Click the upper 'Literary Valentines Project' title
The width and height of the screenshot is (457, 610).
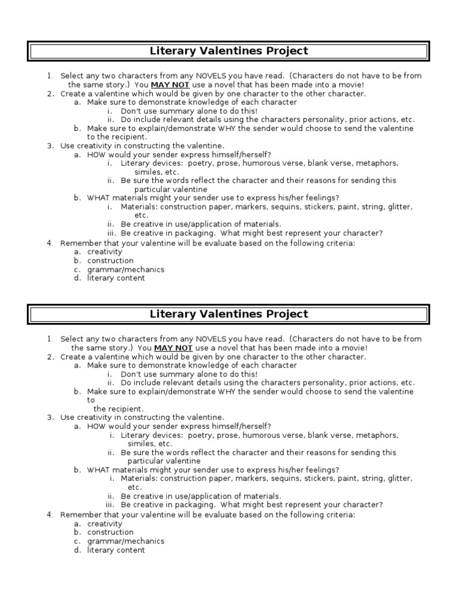(x=228, y=51)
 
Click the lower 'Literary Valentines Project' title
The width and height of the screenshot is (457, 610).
(x=228, y=314)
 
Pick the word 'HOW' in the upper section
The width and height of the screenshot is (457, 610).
(x=96, y=154)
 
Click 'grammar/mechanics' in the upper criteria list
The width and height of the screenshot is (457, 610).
(x=126, y=269)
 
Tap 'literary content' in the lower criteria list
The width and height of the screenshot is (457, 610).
(x=116, y=550)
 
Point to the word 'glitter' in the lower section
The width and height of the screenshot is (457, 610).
(x=400, y=478)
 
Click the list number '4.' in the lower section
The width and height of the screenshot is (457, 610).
(x=51, y=515)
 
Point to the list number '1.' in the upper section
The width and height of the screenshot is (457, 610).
(x=51, y=76)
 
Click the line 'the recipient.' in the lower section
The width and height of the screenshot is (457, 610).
(x=118, y=409)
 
